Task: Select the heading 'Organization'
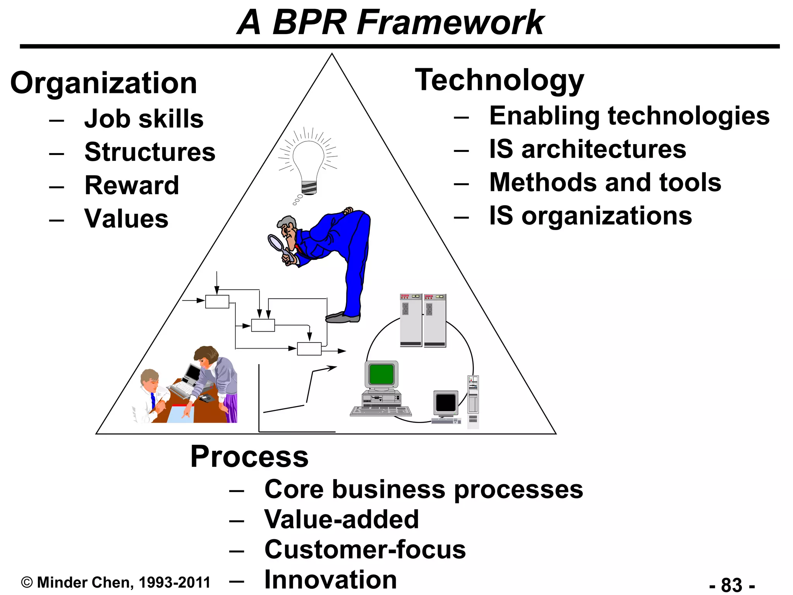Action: click(104, 83)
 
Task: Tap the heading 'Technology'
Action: click(499, 80)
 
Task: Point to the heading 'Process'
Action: click(249, 457)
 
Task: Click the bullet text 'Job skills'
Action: click(144, 119)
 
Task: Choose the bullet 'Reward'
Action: click(132, 185)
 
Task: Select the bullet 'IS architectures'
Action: click(587, 149)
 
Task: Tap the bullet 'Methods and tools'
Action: click(605, 182)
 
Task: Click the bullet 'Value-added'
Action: click(342, 519)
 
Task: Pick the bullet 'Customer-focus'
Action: click(365, 549)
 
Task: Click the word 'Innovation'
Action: click(331, 580)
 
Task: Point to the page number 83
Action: click(732, 584)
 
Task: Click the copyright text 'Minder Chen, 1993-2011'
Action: click(123, 583)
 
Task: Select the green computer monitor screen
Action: click(381, 374)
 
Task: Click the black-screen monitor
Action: click(446, 402)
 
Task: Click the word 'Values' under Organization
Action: click(126, 218)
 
